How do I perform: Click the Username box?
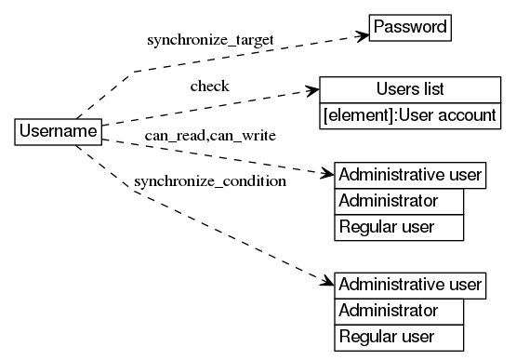[x=58, y=131]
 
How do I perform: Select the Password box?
[x=410, y=27]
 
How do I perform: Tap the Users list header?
[x=410, y=89]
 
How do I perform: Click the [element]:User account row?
[x=410, y=115]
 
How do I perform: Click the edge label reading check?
[x=209, y=87]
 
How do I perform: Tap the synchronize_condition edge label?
[x=210, y=180]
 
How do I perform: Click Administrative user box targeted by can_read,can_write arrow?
[x=410, y=175]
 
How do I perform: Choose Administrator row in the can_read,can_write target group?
[x=398, y=201]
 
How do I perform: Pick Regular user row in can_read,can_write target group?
[x=398, y=227]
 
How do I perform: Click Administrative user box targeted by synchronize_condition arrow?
[x=410, y=284]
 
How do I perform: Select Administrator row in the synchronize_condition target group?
[x=398, y=310]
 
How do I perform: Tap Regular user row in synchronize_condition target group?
[x=398, y=336]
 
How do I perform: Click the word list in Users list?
[x=430, y=89]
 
